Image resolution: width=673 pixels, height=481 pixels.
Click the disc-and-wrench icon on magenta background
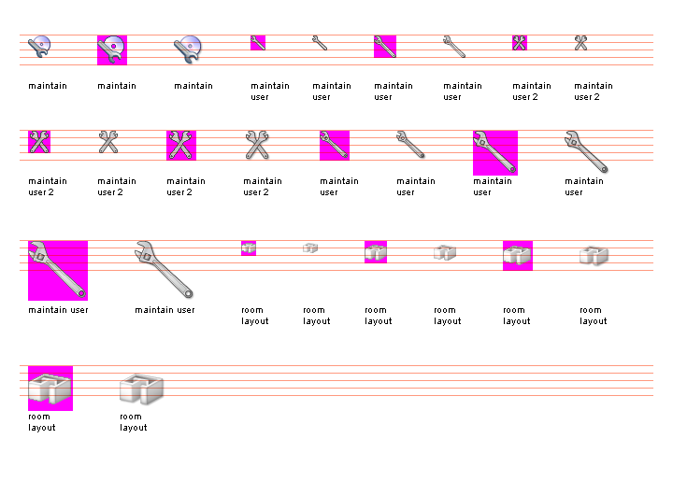click(111, 50)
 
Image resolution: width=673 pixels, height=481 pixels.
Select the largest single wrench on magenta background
click(58, 270)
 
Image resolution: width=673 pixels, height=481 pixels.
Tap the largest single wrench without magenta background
click(164, 269)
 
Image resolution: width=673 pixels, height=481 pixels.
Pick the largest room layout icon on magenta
click(50, 388)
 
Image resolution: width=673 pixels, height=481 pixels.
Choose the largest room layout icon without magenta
click(141, 389)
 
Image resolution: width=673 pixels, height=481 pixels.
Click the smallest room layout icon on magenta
click(249, 248)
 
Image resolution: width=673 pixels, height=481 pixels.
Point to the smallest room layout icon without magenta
click(310, 248)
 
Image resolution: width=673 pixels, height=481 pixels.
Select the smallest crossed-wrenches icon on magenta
click(520, 42)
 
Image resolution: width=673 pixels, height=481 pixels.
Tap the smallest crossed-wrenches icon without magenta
click(581, 42)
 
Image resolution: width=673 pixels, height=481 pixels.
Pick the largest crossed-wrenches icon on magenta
click(181, 145)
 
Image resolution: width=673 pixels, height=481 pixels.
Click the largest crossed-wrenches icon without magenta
click(257, 145)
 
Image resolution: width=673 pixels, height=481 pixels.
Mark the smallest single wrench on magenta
click(258, 42)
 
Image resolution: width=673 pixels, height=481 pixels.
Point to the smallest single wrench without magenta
click(320, 42)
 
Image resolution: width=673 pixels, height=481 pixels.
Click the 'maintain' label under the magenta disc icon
click(117, 86)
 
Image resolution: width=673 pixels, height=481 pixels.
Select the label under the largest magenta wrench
click(58, 310)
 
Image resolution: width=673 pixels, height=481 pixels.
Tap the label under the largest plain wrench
click(165, 310)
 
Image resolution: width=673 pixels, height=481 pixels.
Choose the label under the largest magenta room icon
click(42, 422)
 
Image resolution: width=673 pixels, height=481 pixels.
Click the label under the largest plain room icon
click(134, 422)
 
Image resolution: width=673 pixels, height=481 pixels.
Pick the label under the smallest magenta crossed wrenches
click(532, 92)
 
